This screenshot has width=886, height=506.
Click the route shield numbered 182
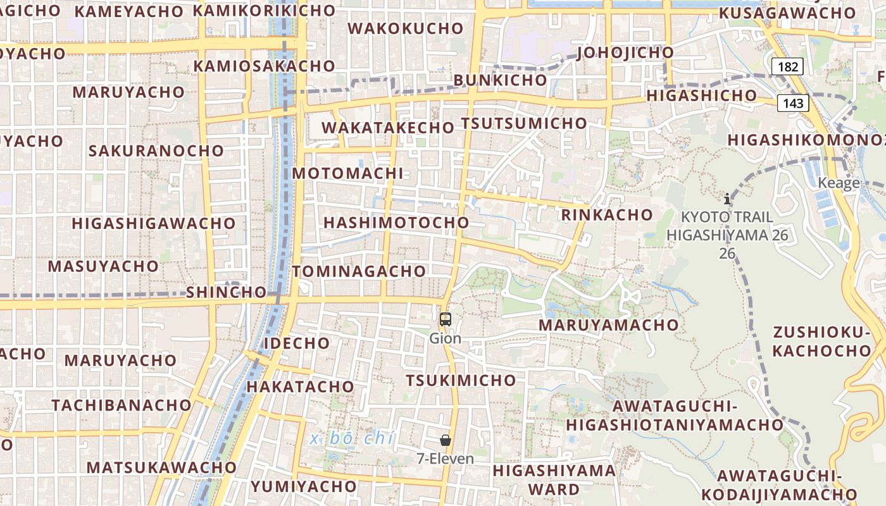[787, 66]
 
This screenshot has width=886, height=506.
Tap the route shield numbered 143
[793, 102]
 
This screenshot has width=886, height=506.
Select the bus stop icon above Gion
[446, 319]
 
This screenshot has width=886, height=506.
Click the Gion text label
[446, 338]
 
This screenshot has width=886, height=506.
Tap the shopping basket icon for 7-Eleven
[446, 440]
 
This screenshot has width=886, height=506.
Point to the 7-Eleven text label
[446, 459]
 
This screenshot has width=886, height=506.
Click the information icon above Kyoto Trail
[727, 199]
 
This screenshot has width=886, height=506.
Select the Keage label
[839, 183]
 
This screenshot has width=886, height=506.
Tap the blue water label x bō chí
[353, 438]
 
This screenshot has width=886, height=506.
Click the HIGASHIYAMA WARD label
[554, 479]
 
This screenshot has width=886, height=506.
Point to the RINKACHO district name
[607, 215]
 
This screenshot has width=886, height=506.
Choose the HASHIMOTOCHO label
[396, 223]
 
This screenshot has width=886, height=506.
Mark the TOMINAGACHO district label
[359, 271]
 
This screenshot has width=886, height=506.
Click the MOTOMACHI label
[347, 173]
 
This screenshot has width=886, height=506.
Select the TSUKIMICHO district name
[461, 380]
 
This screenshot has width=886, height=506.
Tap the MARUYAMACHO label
[608, 325]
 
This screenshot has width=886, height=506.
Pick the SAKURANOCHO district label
[156, 151]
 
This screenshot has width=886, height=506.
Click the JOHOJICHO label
[625, 52]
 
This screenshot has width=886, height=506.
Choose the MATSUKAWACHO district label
[161, 467]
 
